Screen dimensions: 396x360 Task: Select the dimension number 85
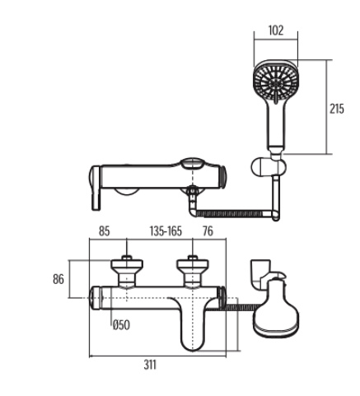tap(105, 231)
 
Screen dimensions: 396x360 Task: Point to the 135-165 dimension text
tap(166, 231)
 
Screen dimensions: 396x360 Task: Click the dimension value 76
tap(208, 231)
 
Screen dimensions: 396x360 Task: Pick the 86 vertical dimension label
tap(58, 279)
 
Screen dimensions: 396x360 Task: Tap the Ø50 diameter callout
tap(122, 324)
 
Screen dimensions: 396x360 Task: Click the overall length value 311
tap(150, 365)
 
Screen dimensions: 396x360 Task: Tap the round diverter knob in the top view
tap(192, 165)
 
